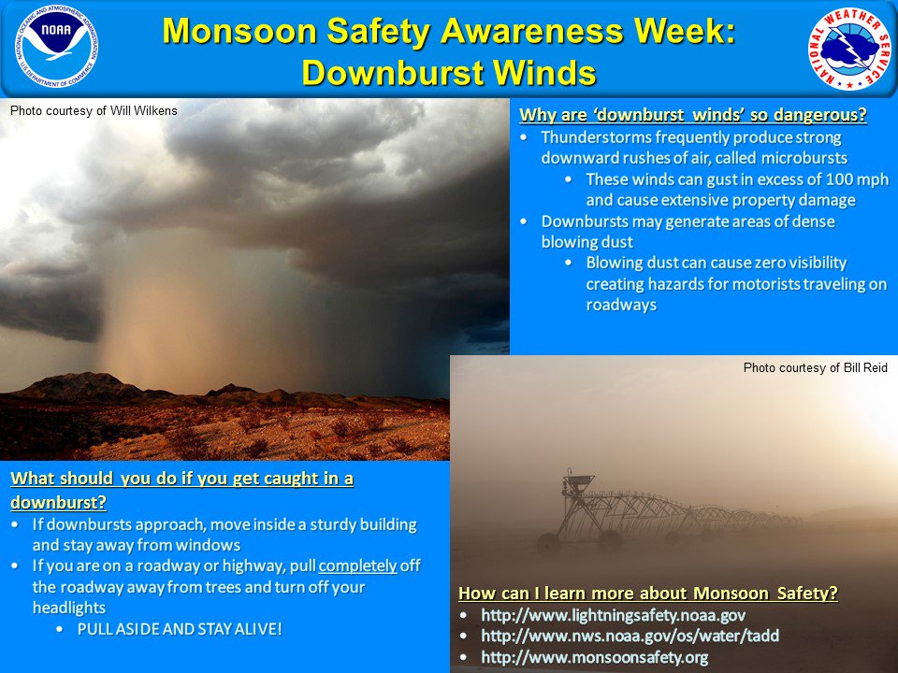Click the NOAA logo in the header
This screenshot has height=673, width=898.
[x=56, y=47]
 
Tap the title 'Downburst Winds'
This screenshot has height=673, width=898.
[x=449, y=71]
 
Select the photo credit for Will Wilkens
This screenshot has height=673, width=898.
[x=94, y=110]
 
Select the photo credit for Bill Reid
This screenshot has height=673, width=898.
[x=815, y=367]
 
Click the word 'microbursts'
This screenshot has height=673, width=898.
[x=801, y=158]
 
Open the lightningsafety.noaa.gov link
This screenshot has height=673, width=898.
[x=613, y=615]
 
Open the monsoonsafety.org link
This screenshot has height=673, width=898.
[x=594, y=657]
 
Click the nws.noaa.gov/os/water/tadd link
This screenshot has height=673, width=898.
[x=630, y=636]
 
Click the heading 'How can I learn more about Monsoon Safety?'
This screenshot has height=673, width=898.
[x=647, y=593]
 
